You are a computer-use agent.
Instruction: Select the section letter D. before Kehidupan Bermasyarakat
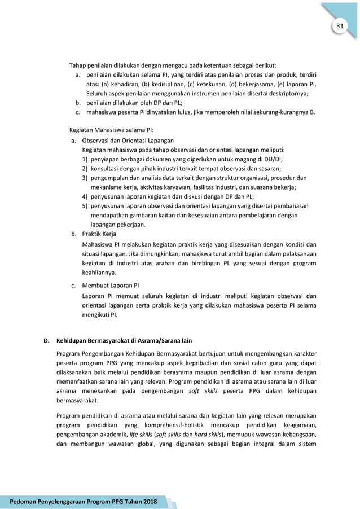click(x=47, y=340)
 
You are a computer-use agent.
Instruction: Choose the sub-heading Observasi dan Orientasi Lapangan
click(x=128, y=140)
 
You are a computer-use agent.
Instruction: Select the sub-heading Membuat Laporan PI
click(x=111, y=285)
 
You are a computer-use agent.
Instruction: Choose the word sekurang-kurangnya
click(x=278, y=112)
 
